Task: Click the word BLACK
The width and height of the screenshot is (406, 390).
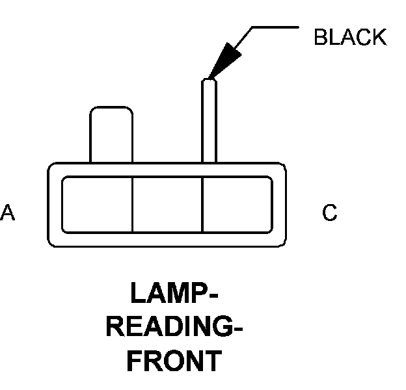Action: click(x=349, y=38)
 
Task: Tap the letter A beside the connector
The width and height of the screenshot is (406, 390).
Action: click(x=8, y=213)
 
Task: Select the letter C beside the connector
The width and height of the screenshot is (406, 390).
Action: click(x=330, y=213)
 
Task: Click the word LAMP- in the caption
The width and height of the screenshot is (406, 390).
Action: click(x=174, y=294)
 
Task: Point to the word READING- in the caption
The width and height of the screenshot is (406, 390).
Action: click(x=174, y=327)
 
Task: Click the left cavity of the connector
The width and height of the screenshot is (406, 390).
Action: click(x=97, y=204)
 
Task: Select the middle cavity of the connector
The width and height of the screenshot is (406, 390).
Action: click(x=167, y=204)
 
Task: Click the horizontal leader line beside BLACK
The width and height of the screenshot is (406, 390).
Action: click(x=273, y=27)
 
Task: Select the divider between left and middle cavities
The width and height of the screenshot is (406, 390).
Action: click(x=132, y=204)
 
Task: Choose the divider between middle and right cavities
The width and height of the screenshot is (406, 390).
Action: click(x=202, y=204)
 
